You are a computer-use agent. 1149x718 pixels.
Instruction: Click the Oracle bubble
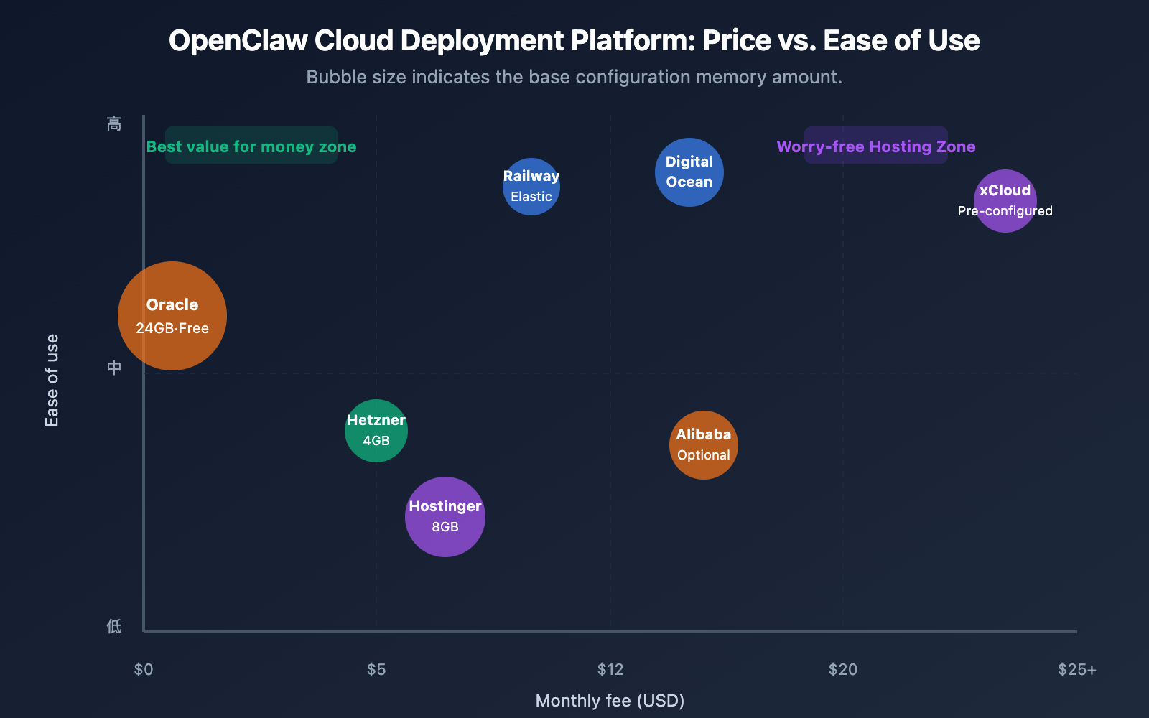click(x=172, y=316)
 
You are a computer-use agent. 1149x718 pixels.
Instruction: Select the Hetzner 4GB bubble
click(x=376, y=431)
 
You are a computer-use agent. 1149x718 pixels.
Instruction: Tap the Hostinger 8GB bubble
click(x=445, y=517)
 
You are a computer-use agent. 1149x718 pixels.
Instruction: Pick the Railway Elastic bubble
click(x=531, y=187)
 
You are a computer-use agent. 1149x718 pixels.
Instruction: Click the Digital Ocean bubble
click(x=689, y=172)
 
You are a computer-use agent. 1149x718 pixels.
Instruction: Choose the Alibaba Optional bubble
click(x=704, y=445)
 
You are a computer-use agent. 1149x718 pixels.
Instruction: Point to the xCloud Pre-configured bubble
click(x=1005, y=201)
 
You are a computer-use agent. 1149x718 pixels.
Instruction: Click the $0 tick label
click(x=144, y=670)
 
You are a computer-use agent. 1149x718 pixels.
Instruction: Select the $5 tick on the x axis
click(x=376, y=670)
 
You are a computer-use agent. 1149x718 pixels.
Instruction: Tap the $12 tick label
click(x=610, y=670)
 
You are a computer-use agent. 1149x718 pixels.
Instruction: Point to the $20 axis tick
click(x=843, y=670)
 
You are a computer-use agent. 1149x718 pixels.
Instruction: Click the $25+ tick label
click(x=1076, y=670)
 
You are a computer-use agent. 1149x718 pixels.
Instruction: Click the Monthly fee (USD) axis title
click(x=610, y=701)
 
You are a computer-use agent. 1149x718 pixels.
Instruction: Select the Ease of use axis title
click(x=52, y=381)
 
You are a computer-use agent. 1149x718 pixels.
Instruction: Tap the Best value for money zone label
click(x=251, y=146)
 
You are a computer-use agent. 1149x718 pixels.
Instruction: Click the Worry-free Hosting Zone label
click(x=876, y=146)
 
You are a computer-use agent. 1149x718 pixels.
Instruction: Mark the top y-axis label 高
click(x=114, y=124)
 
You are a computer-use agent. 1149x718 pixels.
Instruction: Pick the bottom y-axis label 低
click(x=114, y=626)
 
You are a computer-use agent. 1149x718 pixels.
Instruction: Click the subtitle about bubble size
click(x=574, y=77)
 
